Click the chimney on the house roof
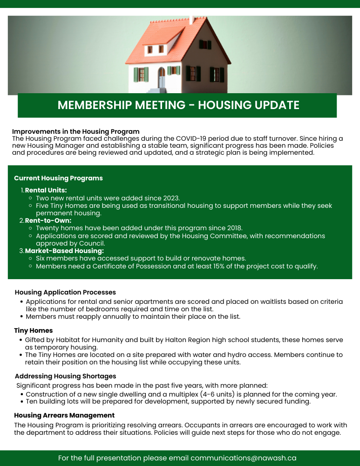191,20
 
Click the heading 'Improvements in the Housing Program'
76,132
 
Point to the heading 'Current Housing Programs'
58,178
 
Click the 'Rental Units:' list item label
46,190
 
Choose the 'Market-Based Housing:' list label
64,251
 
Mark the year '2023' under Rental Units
170,198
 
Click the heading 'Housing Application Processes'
65,292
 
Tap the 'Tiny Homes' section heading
33,330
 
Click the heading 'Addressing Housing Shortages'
65,376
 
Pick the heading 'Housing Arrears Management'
64,415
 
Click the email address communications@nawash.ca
243,458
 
